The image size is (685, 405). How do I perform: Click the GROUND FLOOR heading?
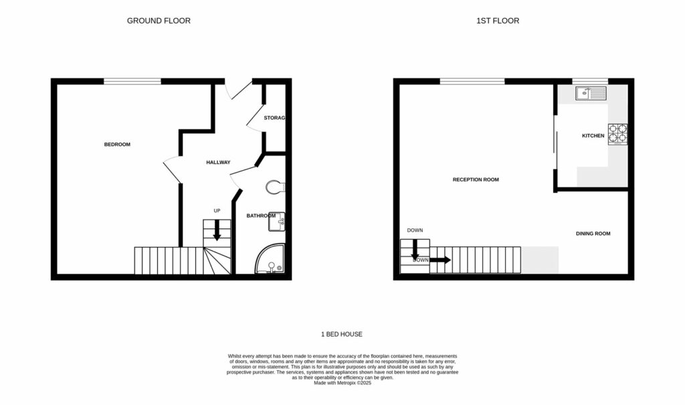click(159, 21)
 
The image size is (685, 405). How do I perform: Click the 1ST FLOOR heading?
click(497, 21)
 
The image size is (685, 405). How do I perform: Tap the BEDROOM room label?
click(117, 145)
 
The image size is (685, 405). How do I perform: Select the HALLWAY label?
click(218, 163)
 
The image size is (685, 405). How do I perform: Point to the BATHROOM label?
click(261, 216)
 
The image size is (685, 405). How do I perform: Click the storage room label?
click(274, 118)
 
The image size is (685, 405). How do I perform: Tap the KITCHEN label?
click(593, 136)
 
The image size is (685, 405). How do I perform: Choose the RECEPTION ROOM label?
click(476, 179)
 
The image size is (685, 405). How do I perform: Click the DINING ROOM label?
click(593, 234)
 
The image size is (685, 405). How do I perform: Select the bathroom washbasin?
click(278, 222)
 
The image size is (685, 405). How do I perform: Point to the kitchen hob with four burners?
click(617, 134)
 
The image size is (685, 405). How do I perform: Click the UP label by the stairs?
click(217, 211)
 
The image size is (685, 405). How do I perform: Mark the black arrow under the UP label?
click(217, 231)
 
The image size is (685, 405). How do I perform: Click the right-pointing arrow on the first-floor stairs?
click(439, 260)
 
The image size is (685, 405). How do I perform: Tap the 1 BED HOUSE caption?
click(342, 334)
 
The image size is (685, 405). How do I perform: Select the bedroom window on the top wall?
click(132, 82)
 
